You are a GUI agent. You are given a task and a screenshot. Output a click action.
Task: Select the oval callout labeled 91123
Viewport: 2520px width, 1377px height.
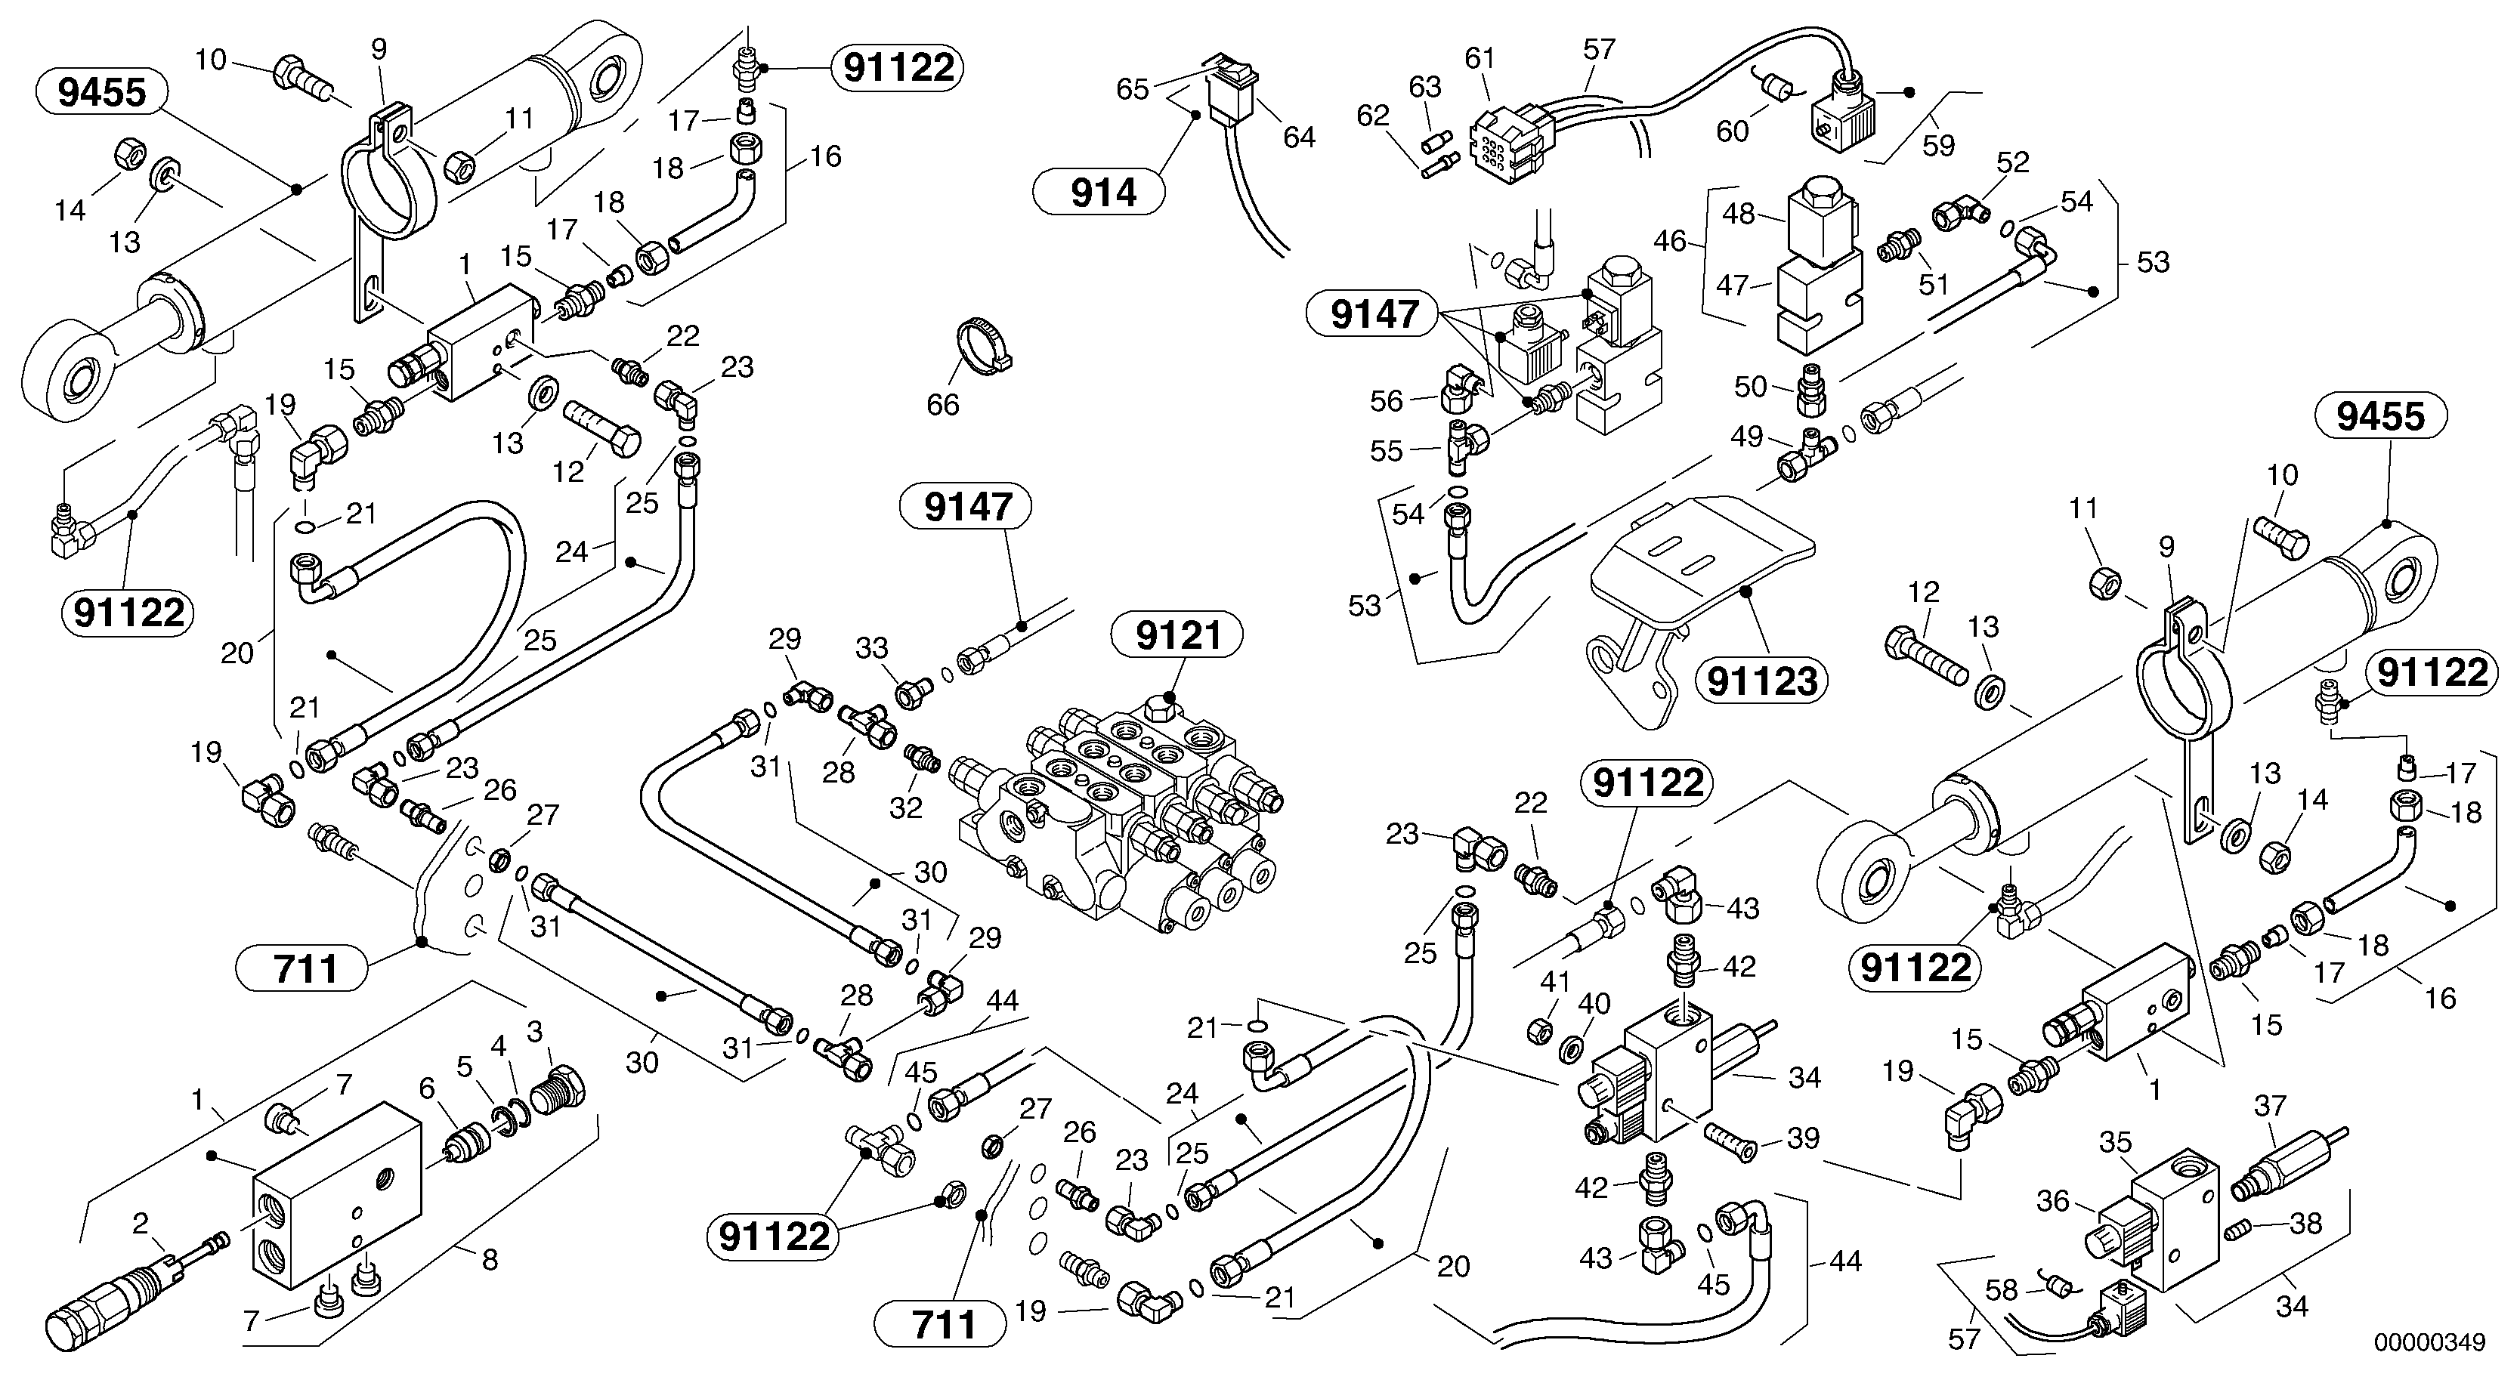click(1762, 681)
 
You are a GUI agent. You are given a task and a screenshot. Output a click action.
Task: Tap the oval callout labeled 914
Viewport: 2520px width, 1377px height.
click(1102, 193)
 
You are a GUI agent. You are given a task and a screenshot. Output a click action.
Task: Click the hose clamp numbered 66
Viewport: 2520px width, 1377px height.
click(979, 345)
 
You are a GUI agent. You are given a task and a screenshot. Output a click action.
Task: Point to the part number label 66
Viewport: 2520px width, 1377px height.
click(943, 404)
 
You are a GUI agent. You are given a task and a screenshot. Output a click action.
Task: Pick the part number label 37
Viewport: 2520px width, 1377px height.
click(2270, 1106)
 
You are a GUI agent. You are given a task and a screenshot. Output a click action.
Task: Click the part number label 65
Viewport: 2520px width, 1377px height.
click(1133, 89)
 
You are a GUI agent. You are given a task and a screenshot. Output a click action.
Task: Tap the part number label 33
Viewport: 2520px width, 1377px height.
click(872, 647)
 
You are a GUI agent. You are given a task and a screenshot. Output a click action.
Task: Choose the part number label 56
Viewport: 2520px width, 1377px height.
click(1387, 401)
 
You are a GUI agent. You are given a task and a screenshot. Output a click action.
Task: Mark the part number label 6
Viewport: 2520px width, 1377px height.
click(426, 1088)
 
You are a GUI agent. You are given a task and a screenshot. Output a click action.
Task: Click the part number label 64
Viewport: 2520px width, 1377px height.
click(1299, 138)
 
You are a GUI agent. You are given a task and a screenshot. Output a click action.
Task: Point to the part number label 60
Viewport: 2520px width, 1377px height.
click(1733, 131)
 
